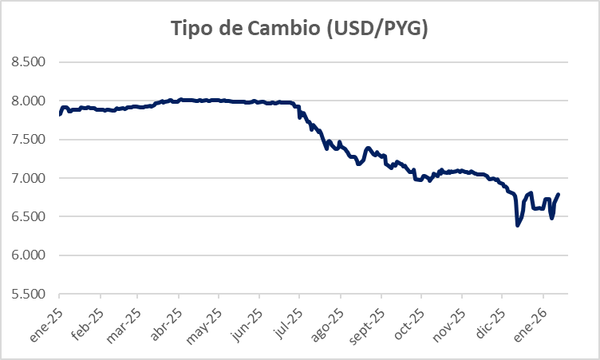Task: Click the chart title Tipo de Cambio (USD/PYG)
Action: [300, 29]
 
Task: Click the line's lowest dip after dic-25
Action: [518, 225]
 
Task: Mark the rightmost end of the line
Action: [559, 194]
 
